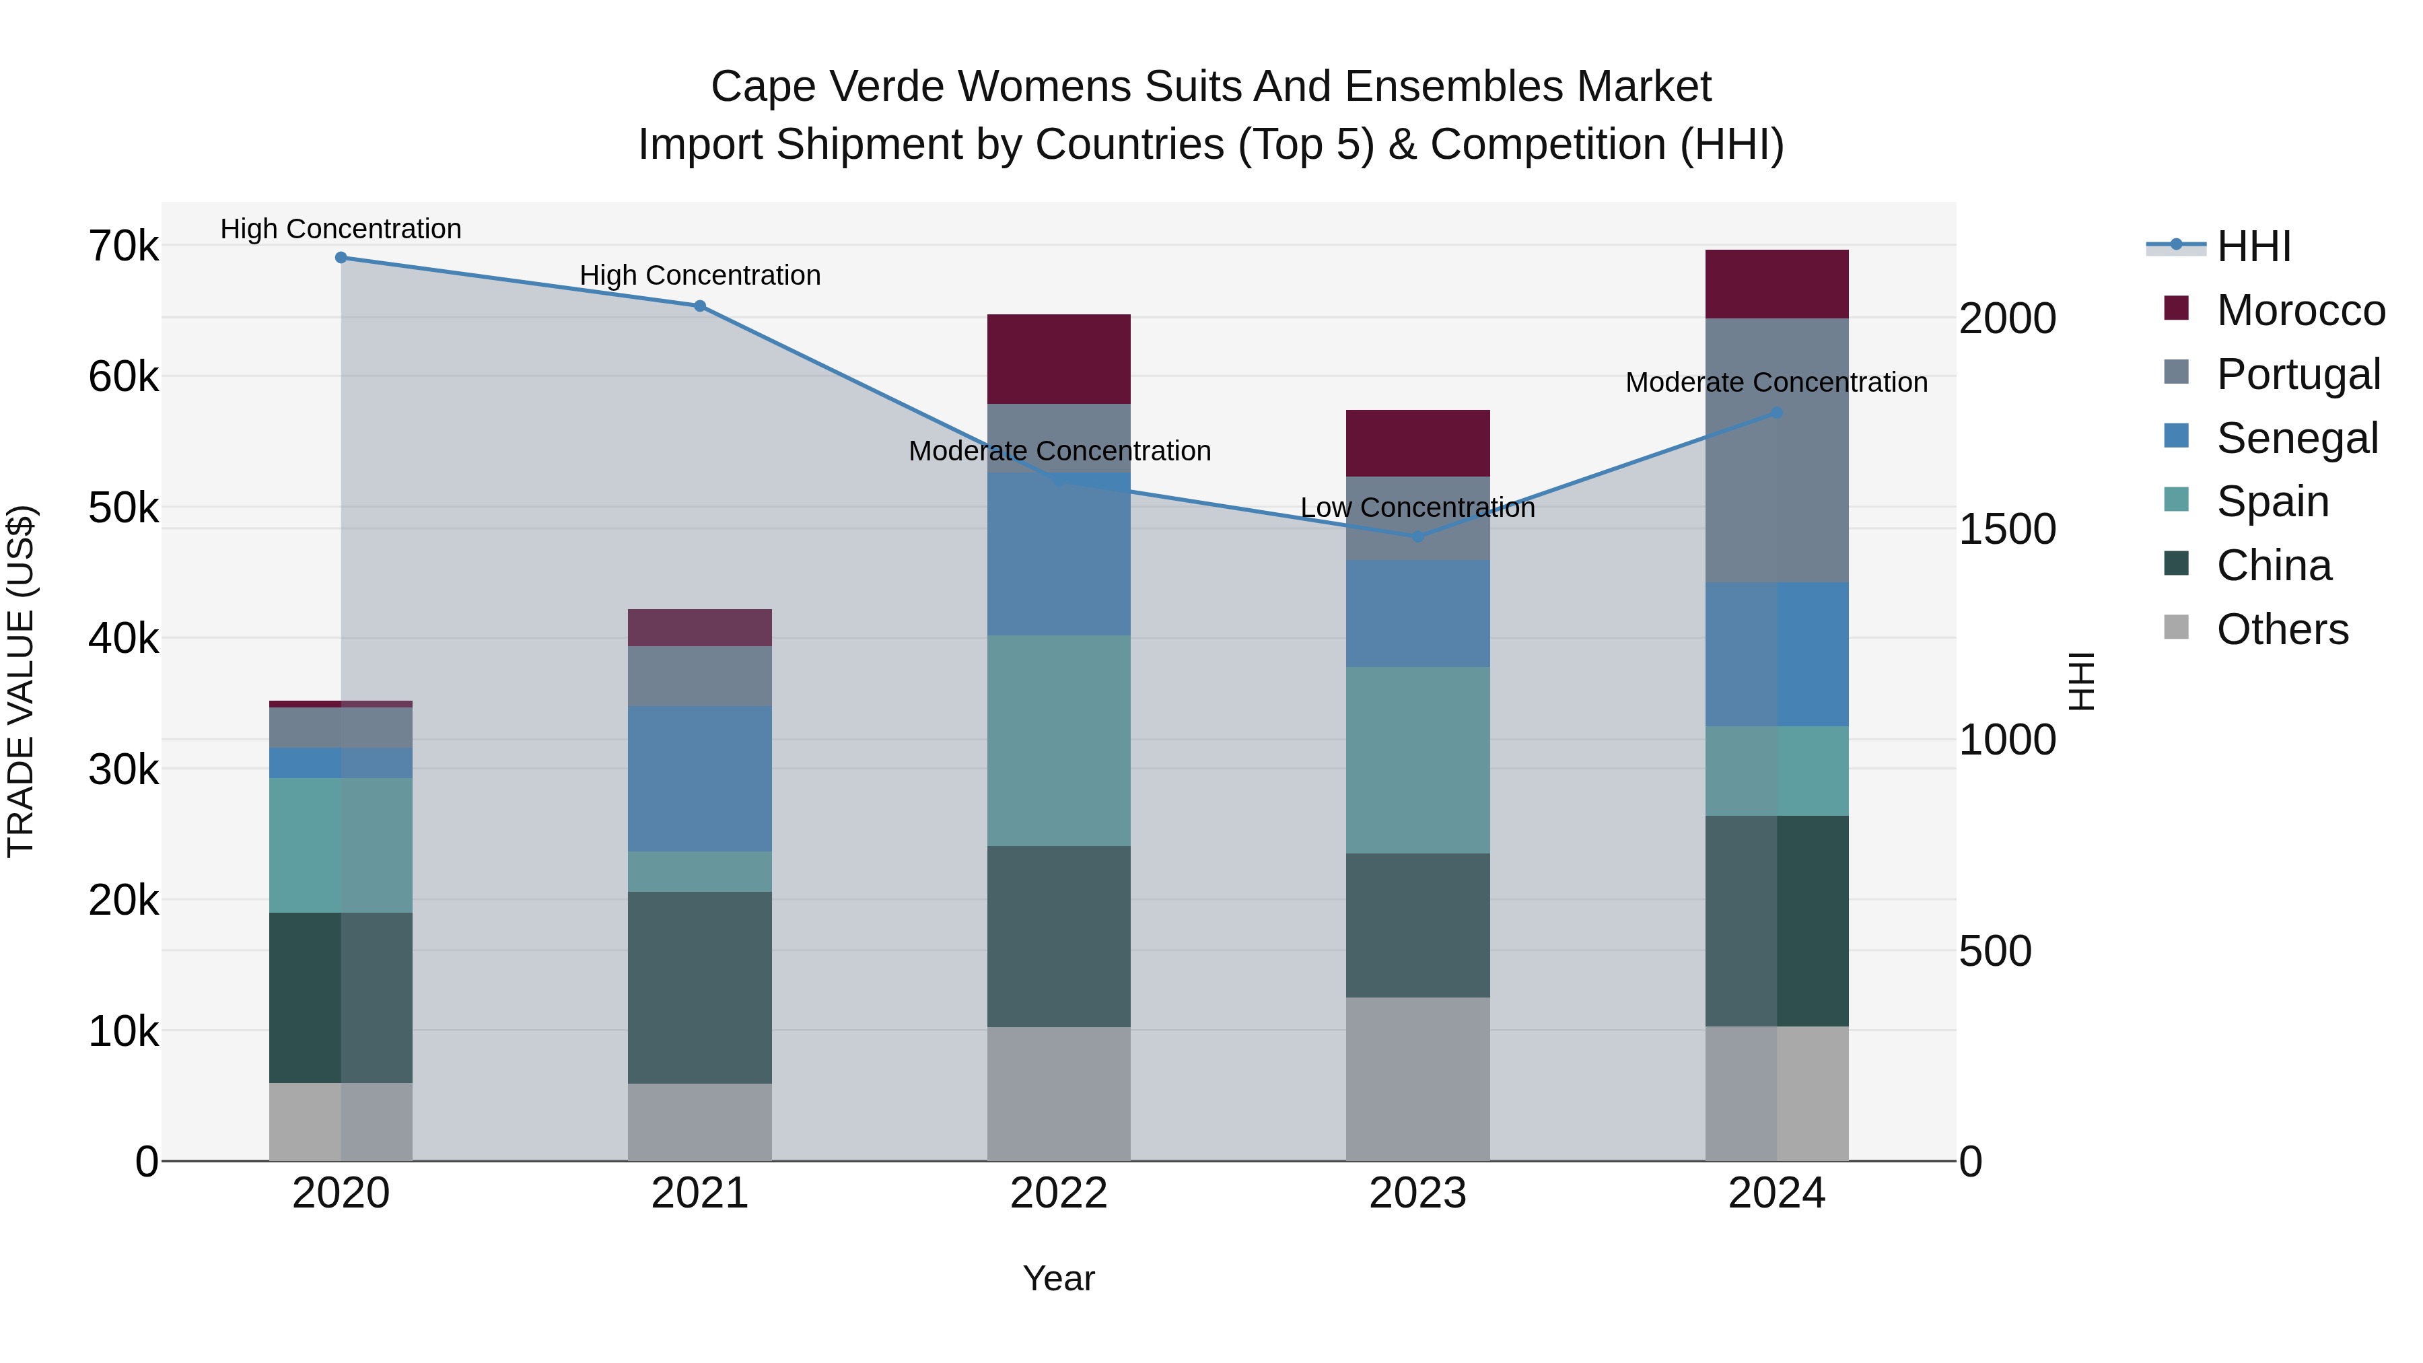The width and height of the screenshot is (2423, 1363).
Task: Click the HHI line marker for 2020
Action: [x=341, y=258]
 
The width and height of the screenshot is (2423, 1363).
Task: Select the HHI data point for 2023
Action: [x=1418, y=537]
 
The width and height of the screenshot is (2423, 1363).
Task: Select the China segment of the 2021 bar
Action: [x=700, y=987]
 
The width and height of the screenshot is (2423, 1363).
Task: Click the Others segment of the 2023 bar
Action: [x=1417, y=1079]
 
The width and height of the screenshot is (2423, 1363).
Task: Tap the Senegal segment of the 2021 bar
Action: [x=700, y=779]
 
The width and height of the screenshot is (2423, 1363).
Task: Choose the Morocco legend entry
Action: [x=2300, y=310]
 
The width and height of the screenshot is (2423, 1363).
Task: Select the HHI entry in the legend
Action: [x=2253, y=246]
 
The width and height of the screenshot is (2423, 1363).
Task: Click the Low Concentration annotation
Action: [x=1417, y=508]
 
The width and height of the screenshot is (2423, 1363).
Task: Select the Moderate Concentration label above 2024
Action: [x=1776, y=383]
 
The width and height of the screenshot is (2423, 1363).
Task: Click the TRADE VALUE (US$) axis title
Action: [x=21, y=681]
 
